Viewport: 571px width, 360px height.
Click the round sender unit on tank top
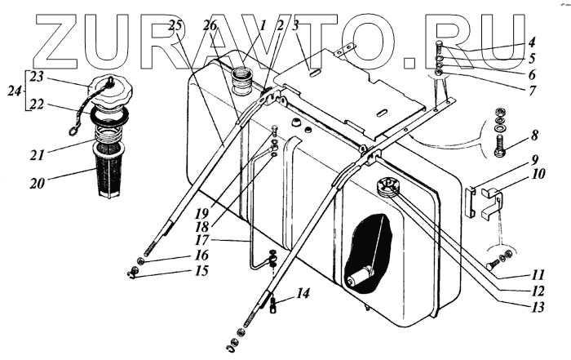(x=386, y=187)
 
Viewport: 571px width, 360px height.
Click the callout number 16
(x=201, y=255)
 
